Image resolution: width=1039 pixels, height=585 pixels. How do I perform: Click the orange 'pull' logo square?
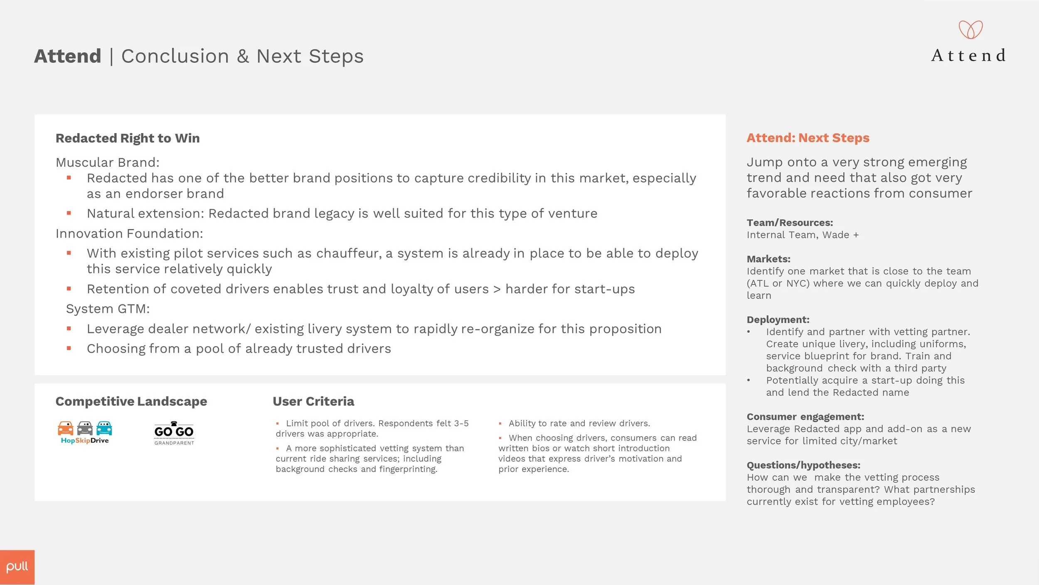[17, 567]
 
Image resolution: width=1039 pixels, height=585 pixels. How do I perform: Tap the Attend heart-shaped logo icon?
[970, 30]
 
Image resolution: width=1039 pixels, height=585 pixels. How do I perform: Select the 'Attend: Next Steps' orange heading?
[808, 138]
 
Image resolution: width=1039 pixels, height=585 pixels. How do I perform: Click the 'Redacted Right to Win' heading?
[128, 138]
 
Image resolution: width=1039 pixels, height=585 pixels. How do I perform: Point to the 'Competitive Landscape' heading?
[131, 401]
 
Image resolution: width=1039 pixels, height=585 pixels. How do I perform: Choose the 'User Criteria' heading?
[313, 401]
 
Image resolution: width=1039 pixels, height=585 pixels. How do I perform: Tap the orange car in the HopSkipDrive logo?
[65, 428]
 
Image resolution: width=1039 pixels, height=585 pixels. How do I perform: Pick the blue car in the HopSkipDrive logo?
[104, 428]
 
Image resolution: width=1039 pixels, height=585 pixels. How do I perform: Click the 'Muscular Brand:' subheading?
[108, 162]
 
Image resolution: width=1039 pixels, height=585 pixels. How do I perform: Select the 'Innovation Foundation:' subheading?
[129, 234]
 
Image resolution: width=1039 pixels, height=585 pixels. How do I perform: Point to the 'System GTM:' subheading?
[108, 309]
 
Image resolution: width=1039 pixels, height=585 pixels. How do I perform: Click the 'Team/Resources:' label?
[790, 223]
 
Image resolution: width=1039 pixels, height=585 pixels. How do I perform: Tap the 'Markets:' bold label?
[768, 259]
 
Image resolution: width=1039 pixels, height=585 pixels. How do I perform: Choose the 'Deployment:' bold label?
[778, 320]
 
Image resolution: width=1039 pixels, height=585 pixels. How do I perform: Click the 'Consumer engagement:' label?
[805, 417]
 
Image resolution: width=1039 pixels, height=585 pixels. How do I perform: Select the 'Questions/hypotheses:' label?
[803, 465]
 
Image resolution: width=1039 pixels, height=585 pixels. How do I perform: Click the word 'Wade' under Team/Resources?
[836, 235]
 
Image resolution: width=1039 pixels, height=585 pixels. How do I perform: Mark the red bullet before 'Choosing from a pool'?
[69, 348]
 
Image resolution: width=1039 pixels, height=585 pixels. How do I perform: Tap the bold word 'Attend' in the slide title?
[68, 56]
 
